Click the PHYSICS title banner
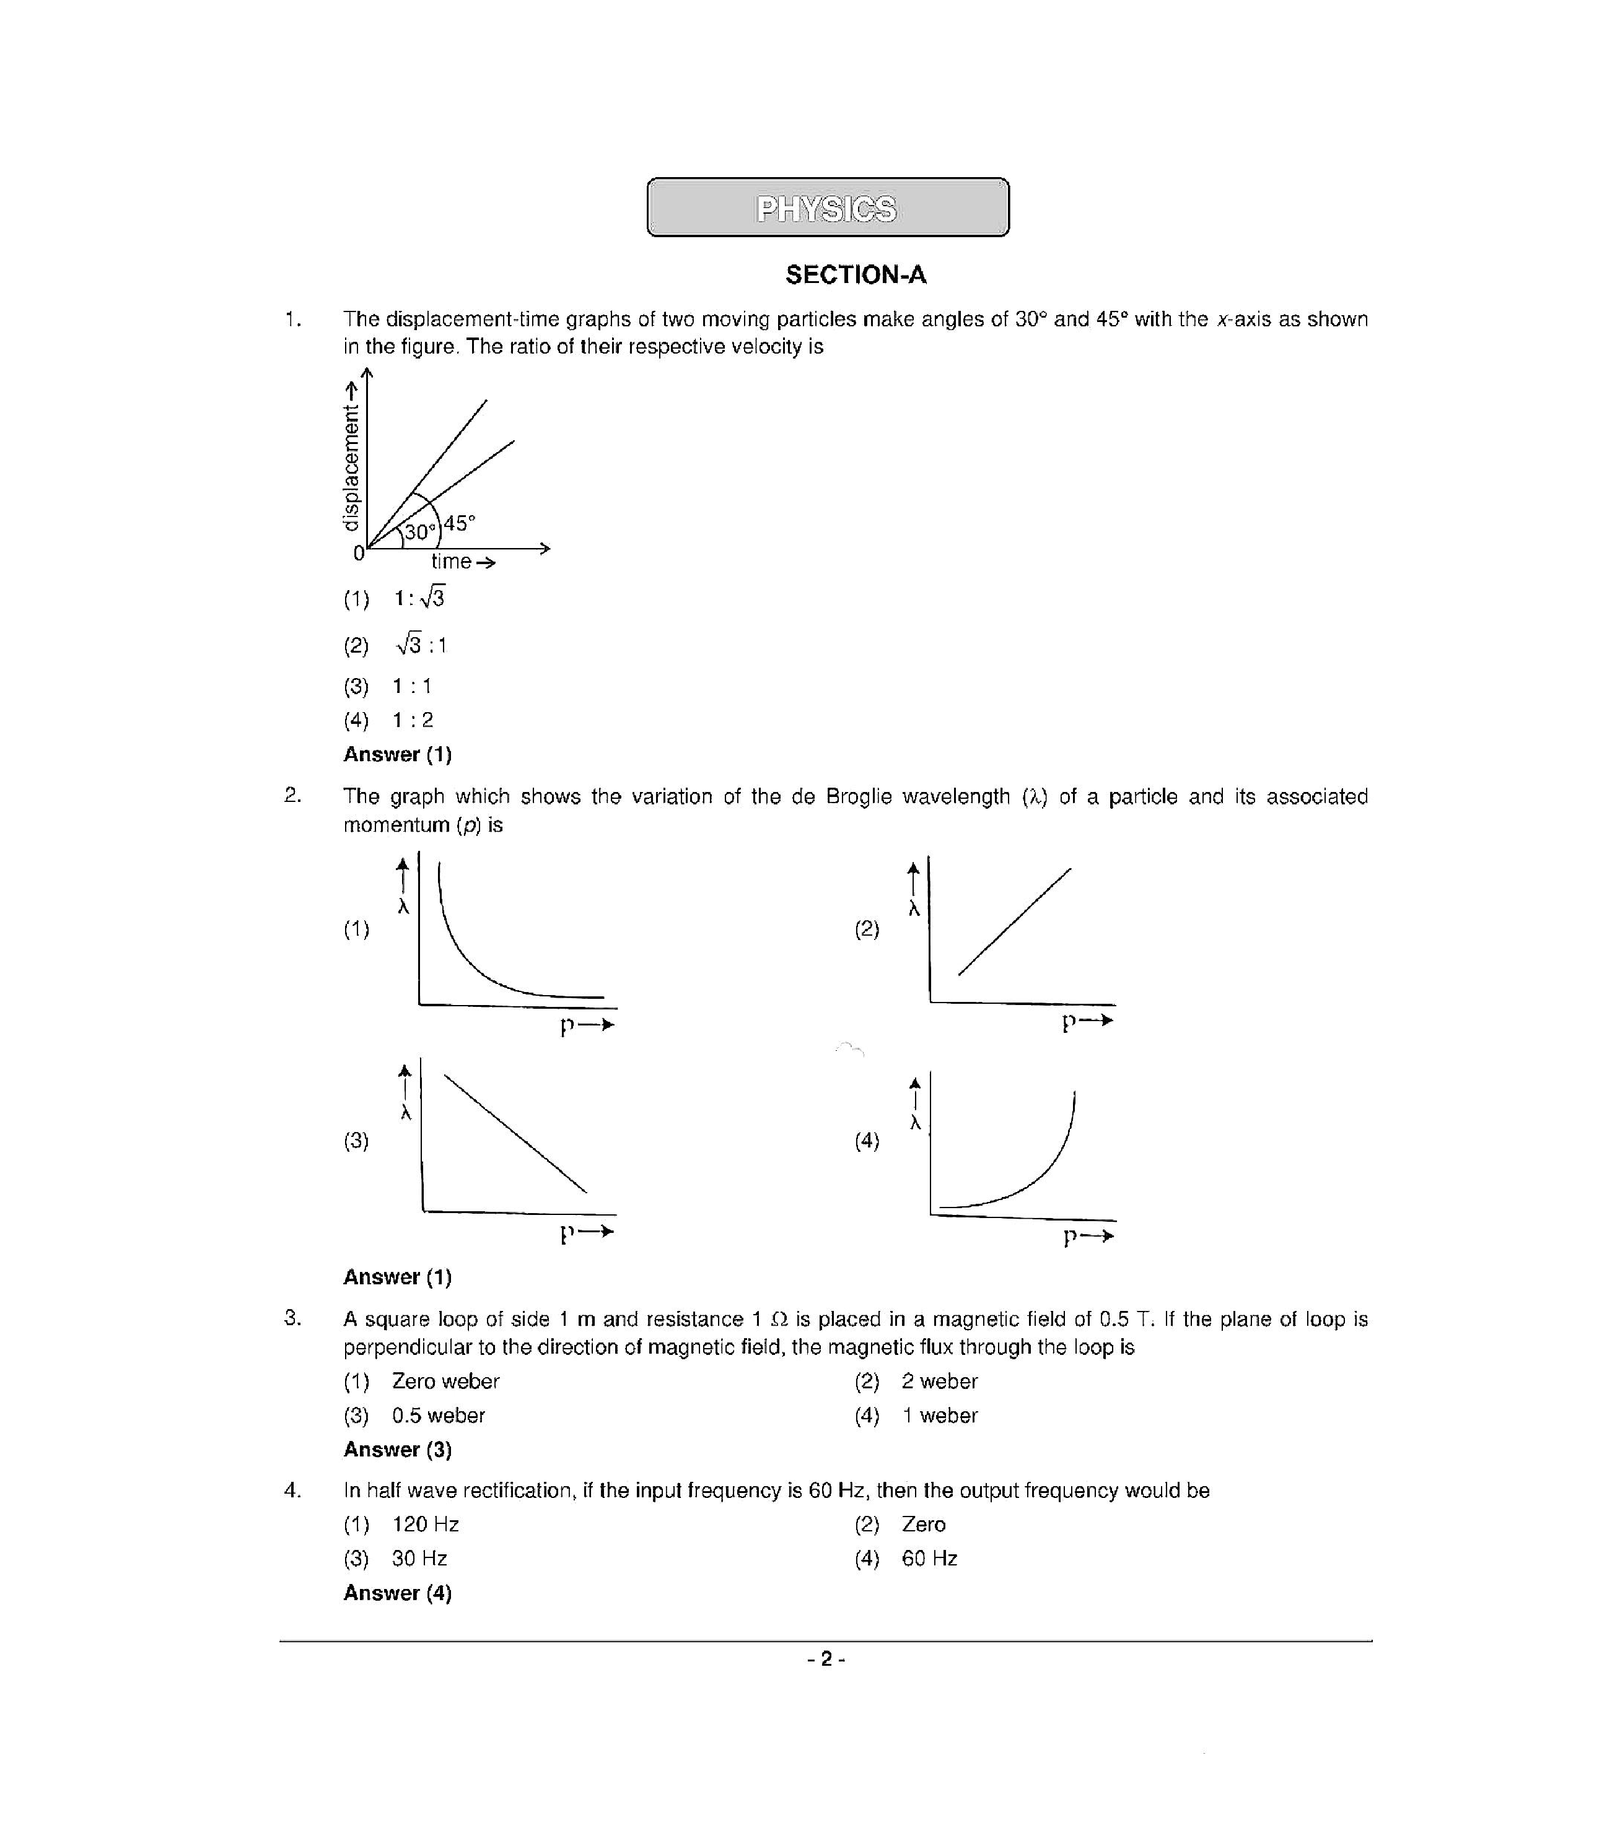(828, 207)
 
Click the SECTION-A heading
(855, 274)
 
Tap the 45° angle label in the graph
(460, 523)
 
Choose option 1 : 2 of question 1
(413, 720)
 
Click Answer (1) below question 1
(397, 754)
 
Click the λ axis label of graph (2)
(913, 908)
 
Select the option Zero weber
(445, 1382)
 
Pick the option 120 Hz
(425, 1525)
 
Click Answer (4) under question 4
(397, 1593)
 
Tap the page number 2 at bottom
(826, 1660)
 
